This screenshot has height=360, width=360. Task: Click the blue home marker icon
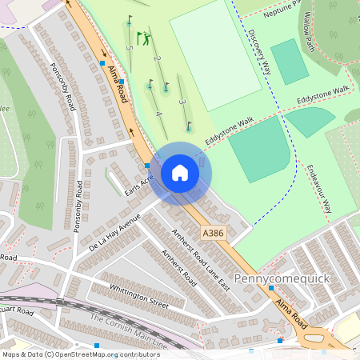click(180, 173)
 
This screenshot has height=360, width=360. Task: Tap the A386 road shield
click(212, 232)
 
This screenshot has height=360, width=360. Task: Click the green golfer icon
click(143, 37)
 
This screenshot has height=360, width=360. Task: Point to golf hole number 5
click(129, 47)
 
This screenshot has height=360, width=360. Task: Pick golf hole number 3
click(182, 102)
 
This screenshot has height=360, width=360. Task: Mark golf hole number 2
click(157, 59)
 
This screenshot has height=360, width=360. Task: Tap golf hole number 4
click(158, 114)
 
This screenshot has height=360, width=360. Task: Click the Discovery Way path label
click(260, 54)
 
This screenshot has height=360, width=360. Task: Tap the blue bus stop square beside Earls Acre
click(148, 166)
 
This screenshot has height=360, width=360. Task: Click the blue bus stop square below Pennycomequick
click(281, 341)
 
